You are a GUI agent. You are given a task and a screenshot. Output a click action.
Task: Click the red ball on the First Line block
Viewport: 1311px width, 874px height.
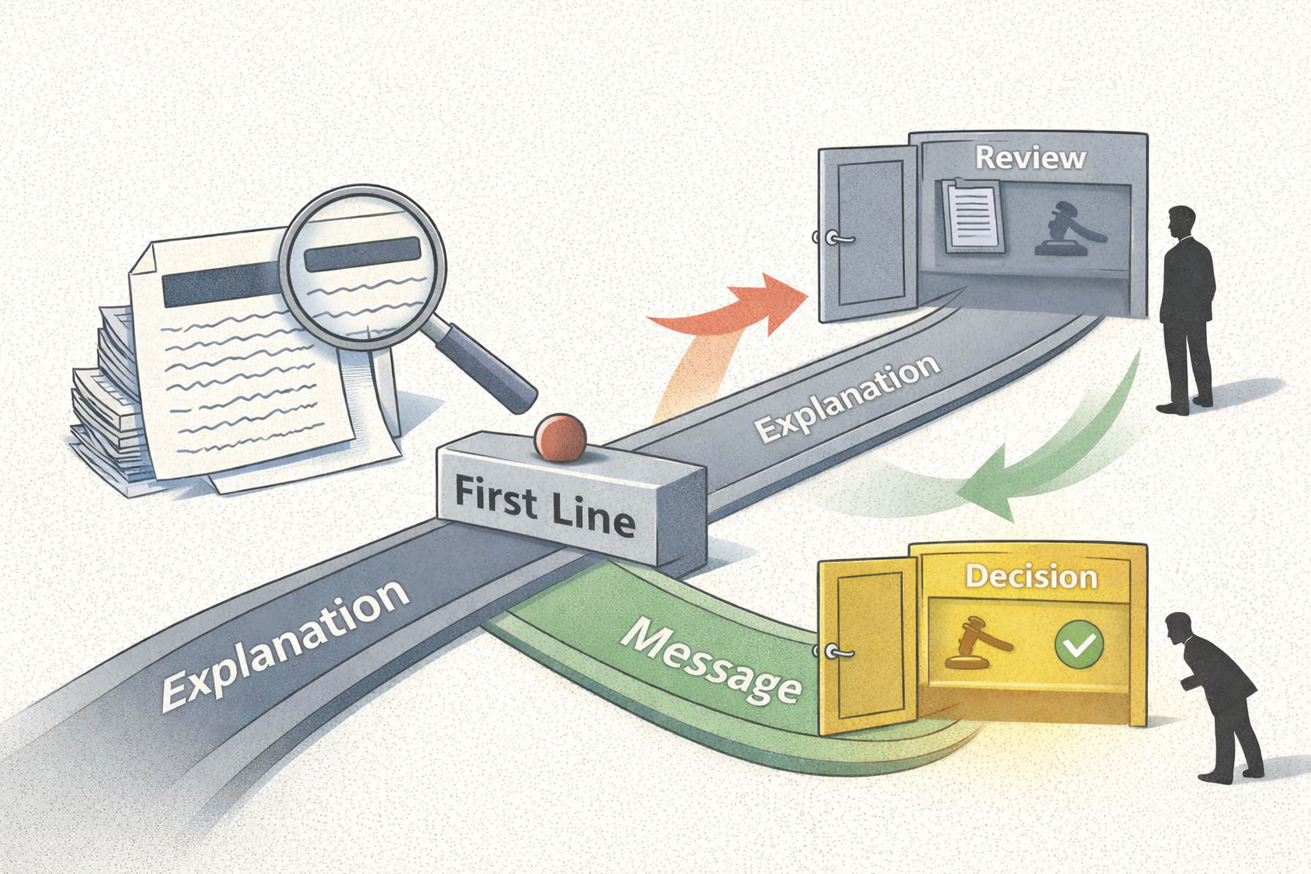560,438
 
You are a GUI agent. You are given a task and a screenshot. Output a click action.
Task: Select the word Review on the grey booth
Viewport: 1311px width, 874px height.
1030,158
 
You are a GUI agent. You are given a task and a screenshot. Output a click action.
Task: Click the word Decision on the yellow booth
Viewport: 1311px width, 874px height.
1031,577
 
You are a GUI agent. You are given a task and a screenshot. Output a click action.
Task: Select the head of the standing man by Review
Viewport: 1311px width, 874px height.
1182,221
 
